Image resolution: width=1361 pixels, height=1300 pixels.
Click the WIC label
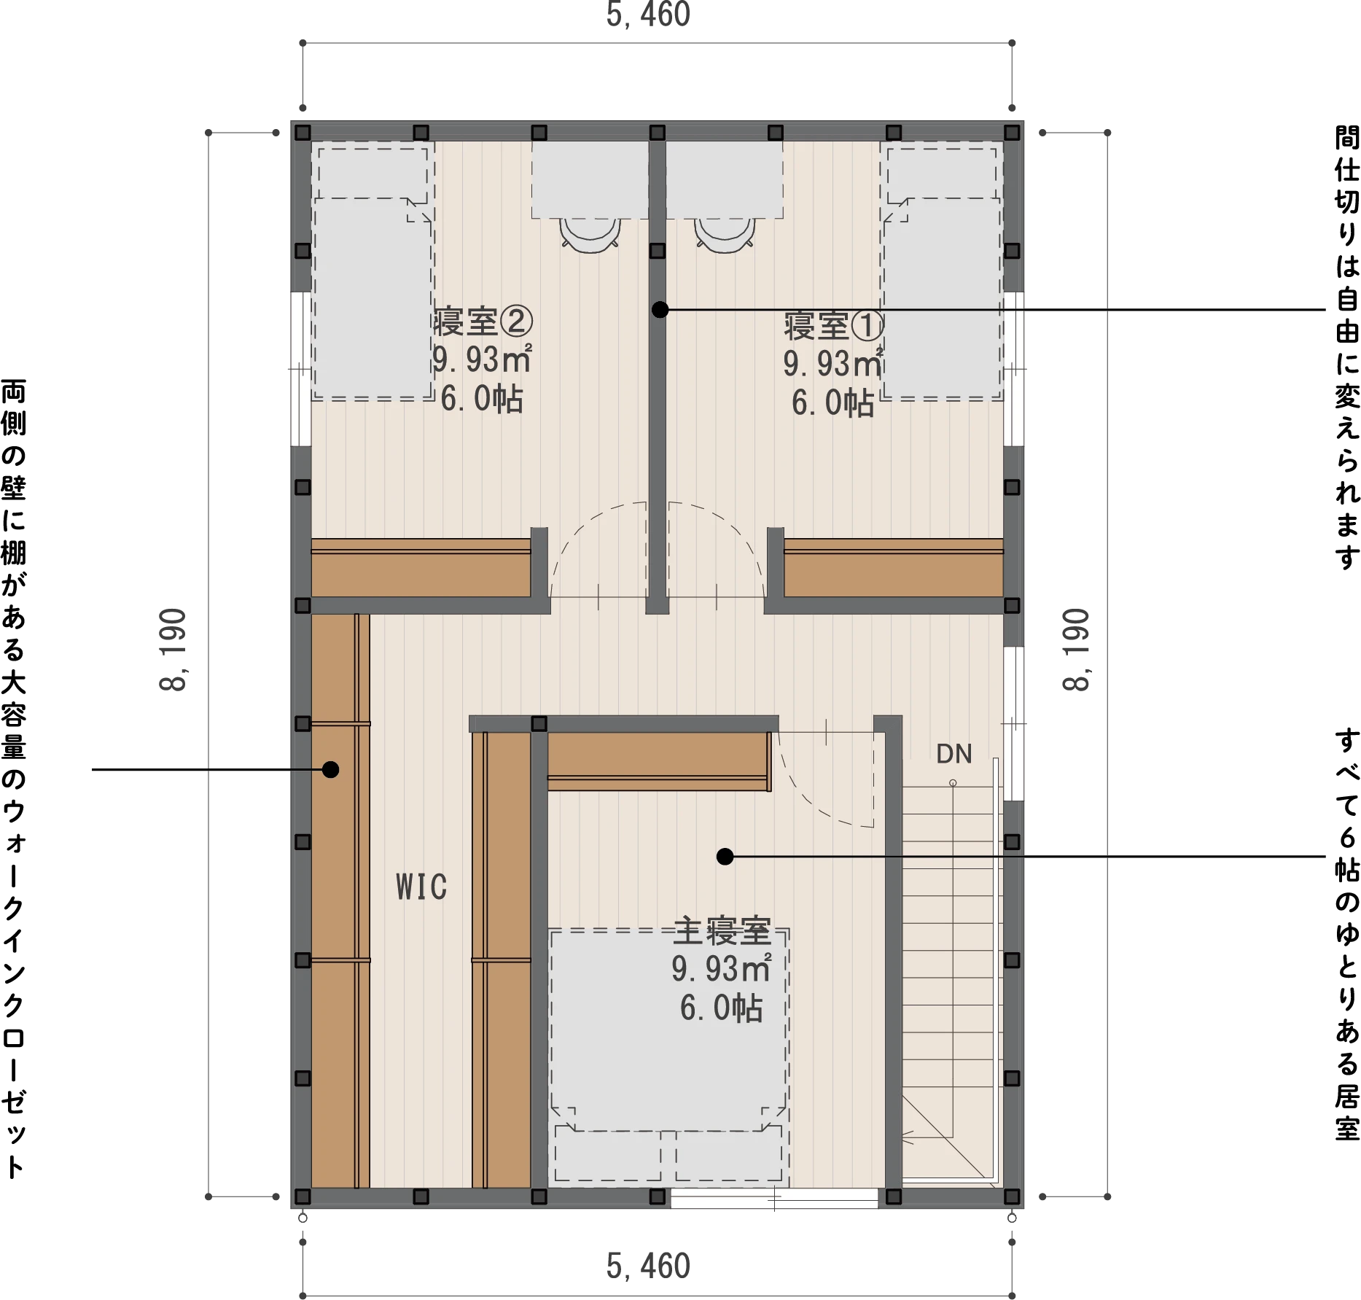click(x=421, y=887)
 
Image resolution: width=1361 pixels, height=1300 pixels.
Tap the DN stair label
click(x=954, y=754)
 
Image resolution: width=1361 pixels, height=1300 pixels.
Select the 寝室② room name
click(x=483, y=322)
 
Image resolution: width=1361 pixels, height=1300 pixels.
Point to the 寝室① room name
click(x=834, y=326)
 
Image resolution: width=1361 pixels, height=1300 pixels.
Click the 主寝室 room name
click(x=722, y=931)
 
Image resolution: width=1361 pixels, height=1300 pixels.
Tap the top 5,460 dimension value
click(x=648, y=15)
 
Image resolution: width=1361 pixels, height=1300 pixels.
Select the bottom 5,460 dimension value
click(x=648, y=1266)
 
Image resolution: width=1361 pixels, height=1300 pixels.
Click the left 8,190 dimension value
click(x=174, y=650)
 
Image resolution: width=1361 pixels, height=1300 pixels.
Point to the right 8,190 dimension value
click(x=1077, y=650)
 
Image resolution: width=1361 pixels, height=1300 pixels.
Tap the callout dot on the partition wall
click(x=660, y=310)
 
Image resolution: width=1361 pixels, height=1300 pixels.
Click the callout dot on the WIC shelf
click(x=331, y=769)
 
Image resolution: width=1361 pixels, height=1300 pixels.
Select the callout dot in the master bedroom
click(x=725, y=857)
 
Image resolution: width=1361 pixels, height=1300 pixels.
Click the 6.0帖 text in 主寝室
click(x=722, y=1008)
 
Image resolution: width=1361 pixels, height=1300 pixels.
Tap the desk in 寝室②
click(x=590, y=180)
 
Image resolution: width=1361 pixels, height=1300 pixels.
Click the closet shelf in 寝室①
click(x=894, y=568)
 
